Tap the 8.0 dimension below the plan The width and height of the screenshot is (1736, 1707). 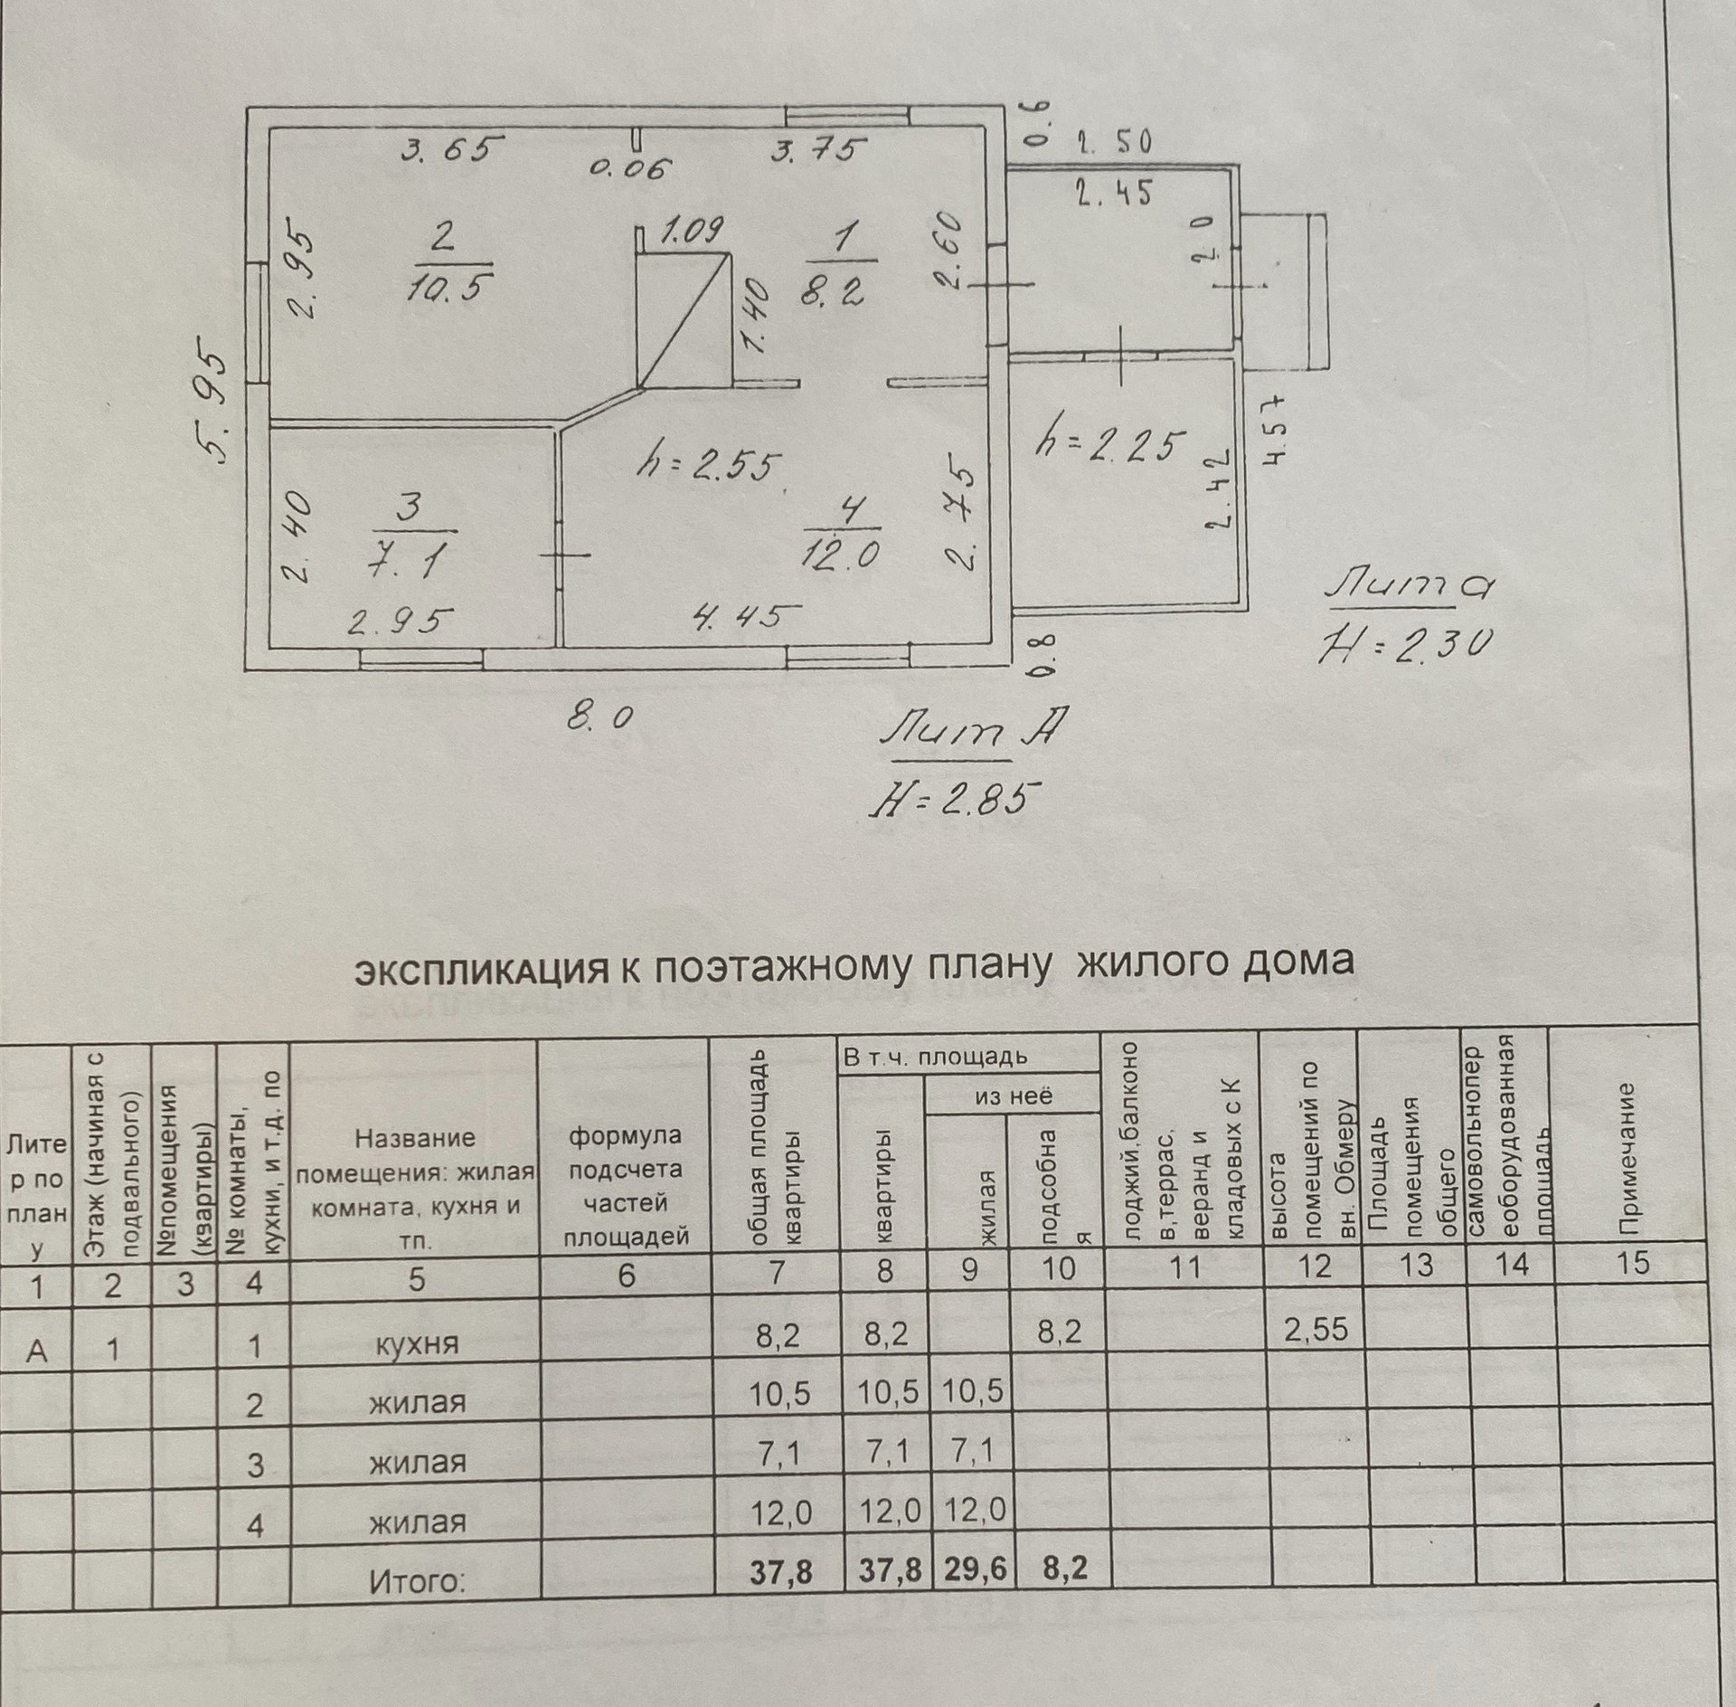click(599, 717)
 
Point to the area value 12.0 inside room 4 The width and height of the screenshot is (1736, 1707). click(839, 551)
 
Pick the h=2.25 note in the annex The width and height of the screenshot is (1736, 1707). click(1110, 445)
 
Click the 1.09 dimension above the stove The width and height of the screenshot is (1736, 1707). click(692, 233)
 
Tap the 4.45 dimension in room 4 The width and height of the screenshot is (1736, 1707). click(747, 617)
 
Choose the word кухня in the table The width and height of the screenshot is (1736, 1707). click(417, 1343)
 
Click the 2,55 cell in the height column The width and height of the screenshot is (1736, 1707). click(1316, 1329)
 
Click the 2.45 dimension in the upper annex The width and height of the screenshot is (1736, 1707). click(1112, 192)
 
